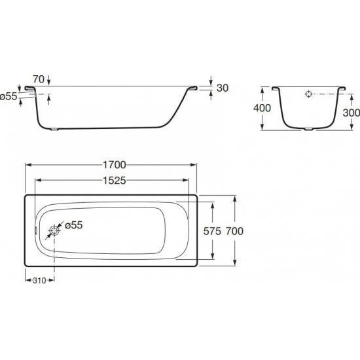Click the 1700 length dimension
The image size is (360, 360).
tap(115, 165)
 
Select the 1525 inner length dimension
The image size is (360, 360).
tap(115, 181)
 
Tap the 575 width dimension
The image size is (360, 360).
tap(212, 231)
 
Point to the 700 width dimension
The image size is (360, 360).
tap(234, 231)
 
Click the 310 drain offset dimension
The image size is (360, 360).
tap(39, 280)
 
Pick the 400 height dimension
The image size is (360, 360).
tap(262, 108)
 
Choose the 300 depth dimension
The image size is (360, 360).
tap(351, 113)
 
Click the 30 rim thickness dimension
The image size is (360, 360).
tap(223, 88)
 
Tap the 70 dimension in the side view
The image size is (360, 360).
tap(39, 79)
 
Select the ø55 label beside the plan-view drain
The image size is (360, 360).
tap(73, 225)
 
